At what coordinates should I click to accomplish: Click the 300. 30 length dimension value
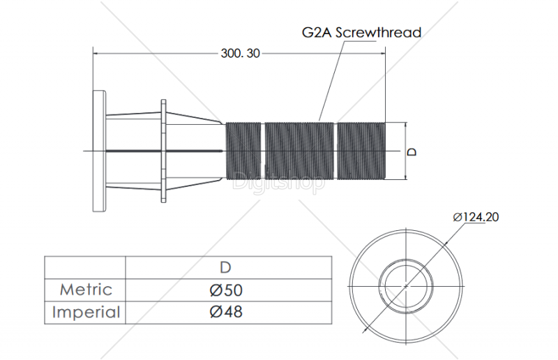pyautogui.click(x=240, y=53)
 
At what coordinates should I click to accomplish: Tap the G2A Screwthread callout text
pyautogui.click(x=361, y=32)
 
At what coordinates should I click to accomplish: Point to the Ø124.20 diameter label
pyautogui.click(x=476, y=217)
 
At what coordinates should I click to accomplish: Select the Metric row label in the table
pyautogui.click(x=86, y=289)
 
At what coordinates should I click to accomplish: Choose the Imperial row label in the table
pyautogui.click(x=86, y=312)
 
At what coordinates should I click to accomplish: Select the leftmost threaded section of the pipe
pyautogui.click(x=243, y=151)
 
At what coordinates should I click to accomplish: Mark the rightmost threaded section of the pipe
pyautogui.click(x=361, y=151)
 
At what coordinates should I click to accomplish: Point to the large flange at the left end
pyautogui.click(x=98, y=151)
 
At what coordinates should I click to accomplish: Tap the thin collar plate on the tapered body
pyautogui.click(x=164, y=151)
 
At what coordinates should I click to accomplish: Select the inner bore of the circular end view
pyautogui.click(x=407, y=285)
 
